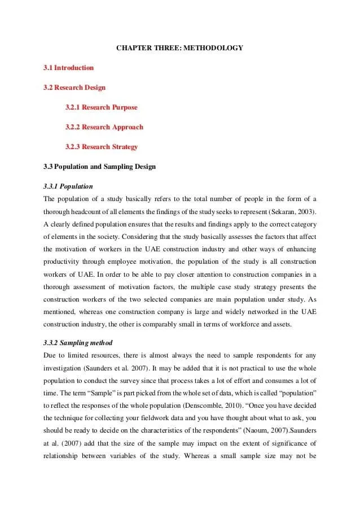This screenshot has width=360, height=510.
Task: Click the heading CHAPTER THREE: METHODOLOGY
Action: coord(179,48)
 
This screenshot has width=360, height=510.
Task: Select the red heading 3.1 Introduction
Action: coord(68,68)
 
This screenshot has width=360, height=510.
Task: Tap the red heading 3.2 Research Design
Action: coord(74,88)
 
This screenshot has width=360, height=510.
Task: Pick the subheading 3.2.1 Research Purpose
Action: coord(101,107)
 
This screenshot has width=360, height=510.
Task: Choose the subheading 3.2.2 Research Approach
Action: coord(104,127)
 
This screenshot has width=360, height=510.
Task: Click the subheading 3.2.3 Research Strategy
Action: coord(101,147)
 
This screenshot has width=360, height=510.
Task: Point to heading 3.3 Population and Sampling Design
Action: coord(99,167)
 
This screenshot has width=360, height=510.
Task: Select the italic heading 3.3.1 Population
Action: coord(68,186)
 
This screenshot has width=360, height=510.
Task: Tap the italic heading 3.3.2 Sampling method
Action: coord(78,343)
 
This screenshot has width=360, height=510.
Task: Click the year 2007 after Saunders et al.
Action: coord(147,368)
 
